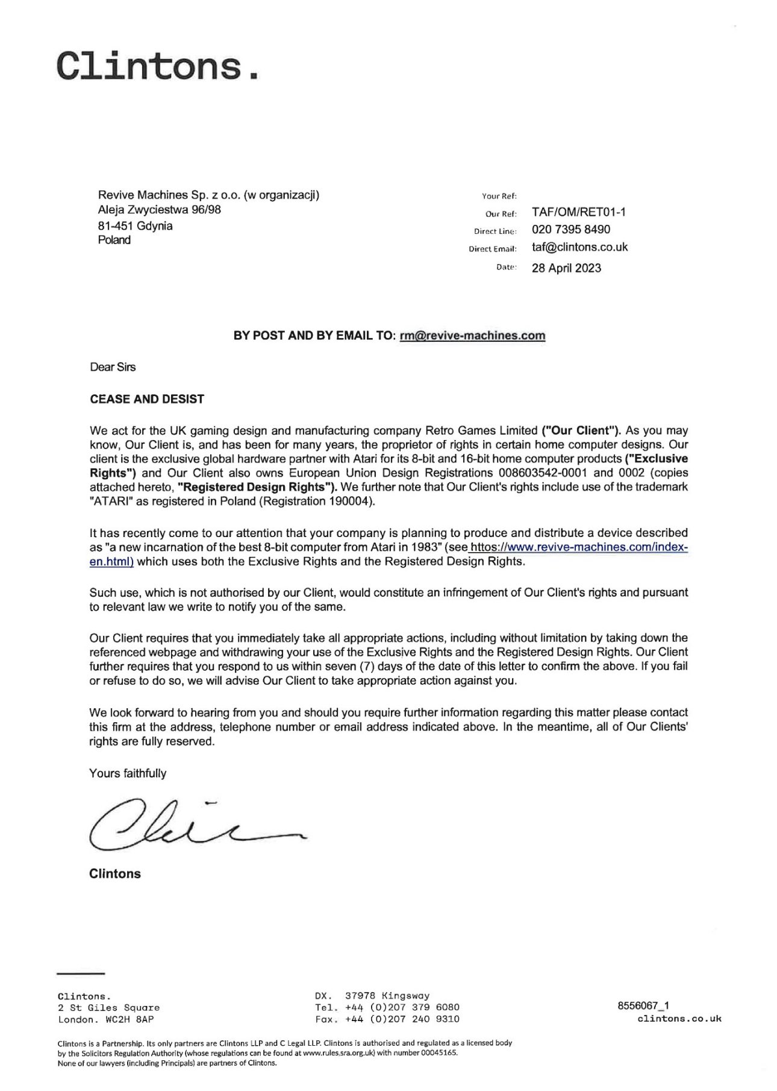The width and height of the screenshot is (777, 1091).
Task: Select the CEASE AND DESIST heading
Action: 147,399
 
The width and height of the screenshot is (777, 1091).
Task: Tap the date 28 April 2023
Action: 566,268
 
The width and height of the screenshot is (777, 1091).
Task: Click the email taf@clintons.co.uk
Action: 579,247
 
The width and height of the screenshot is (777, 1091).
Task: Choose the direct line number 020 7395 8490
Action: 570,230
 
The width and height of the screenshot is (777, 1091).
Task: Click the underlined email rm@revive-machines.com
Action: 472,336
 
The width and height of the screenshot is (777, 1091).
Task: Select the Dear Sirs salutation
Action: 113,366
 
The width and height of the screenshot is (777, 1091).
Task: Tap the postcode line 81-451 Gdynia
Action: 135,226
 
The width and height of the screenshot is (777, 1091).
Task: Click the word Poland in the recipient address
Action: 114,240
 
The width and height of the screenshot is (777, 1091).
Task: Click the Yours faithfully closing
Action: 128,773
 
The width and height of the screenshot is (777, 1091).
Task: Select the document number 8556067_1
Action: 643,1005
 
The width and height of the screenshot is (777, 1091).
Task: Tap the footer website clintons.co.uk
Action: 679,1019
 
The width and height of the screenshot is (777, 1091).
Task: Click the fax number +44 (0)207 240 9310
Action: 402,1019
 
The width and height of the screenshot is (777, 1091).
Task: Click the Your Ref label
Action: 495,196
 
